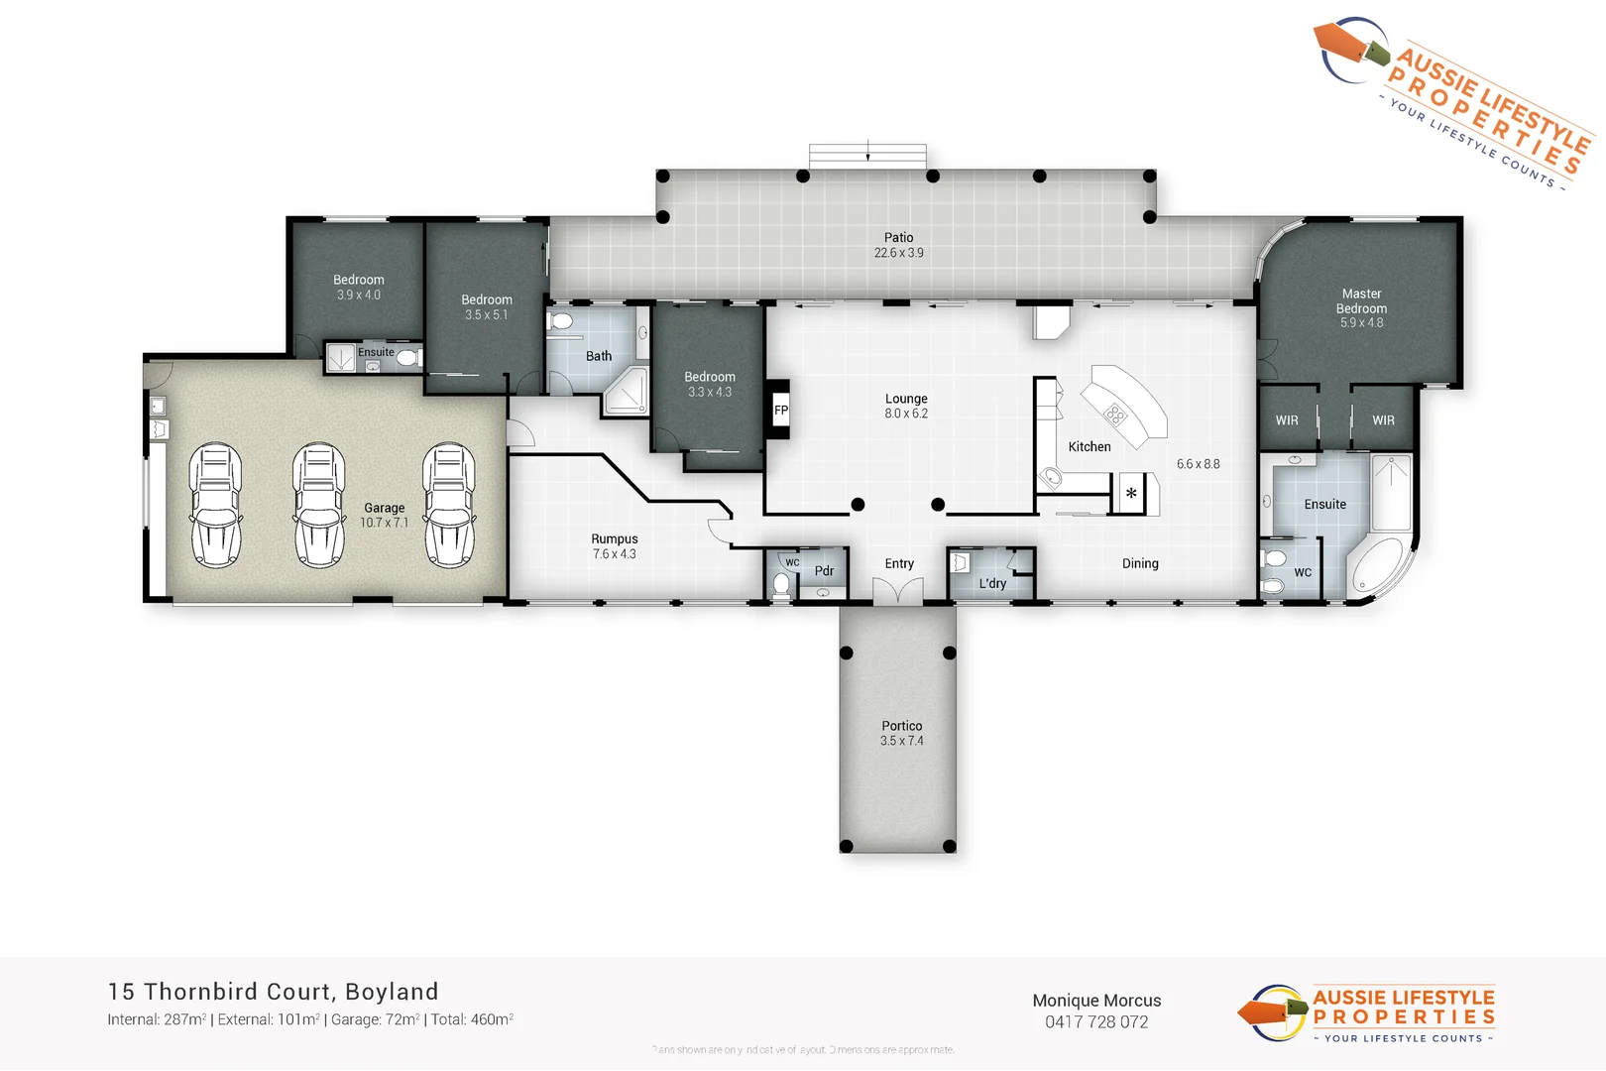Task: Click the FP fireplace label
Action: [781, 410]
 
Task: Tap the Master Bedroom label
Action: [1361, 300]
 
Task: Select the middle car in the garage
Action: [318, 505]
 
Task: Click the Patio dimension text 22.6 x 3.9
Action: [898, 253]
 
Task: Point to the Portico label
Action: [901, 726]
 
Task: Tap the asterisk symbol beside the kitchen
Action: [1131, 493]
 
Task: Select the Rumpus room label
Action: [615, 538]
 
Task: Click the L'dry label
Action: [992, 583]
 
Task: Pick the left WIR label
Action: [1287, 420]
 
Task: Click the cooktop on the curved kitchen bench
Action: [1116, 415]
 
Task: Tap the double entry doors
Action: [898, 593]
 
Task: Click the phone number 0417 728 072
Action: [1096, 1022]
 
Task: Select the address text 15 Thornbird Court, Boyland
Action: [273, 992]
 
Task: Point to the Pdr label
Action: [824, 570]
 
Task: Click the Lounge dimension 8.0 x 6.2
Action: [906, 414]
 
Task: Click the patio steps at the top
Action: [867, 156]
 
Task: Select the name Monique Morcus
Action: [1096, 1001]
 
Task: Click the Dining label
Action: [1140, 563]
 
